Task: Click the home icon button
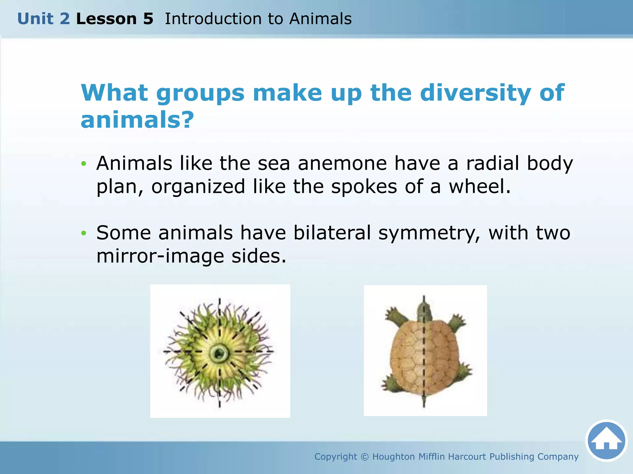tap(606, 441)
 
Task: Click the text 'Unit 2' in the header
tap(44, 19)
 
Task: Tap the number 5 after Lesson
tap(148, 19)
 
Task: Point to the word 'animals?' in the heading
tap(137, 120)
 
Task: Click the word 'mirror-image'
tap(160, 256)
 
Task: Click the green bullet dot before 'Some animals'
tap(83, 233)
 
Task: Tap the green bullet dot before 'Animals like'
tap(83, 164)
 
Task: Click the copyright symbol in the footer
tap(365, 457)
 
